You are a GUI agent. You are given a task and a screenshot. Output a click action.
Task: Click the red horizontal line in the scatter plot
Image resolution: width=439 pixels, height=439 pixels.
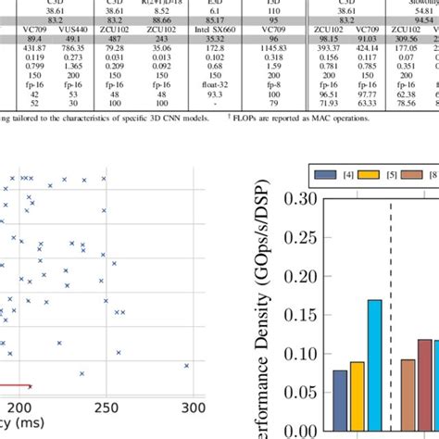point(14,387)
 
